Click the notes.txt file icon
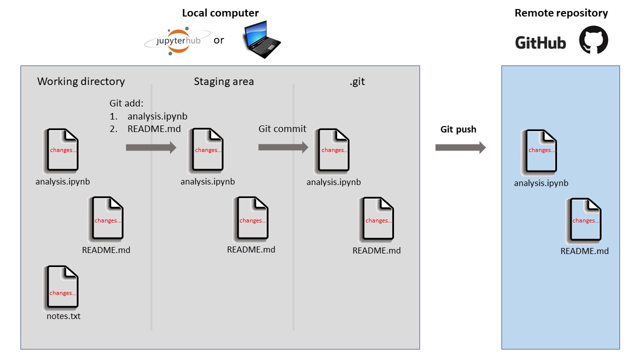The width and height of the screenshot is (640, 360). [x=61, y=287]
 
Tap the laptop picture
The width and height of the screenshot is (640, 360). [x=261, y=39]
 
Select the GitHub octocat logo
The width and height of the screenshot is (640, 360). [x=593, y=39]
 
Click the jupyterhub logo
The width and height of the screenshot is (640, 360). [x=177, y=41]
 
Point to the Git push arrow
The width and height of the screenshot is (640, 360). [x=460, y=147]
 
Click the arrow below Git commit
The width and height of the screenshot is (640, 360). [x=283, y=147]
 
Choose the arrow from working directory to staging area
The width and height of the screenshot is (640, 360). [x=151, y=147]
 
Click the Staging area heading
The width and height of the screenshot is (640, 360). [x=223, y=81]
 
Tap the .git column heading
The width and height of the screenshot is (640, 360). [x=357, y=81]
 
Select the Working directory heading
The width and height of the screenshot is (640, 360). [x=81, y=81]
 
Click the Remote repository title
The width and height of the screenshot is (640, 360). [x=561, y=13]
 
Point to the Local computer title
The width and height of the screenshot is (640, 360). [x=220, y=13]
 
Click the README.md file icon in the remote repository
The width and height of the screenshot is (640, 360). [x=583, y=220]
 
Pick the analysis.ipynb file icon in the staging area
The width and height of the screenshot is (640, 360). [x=205, y=150]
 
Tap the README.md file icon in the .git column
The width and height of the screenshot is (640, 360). [x=376, y=219]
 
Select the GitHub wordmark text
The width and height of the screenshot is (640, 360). [x=540, y=43]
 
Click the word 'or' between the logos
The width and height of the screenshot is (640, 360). [x=219, y=40]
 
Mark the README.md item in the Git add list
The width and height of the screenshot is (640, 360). [x=154, y=129]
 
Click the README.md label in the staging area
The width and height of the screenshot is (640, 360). [x=251, y=249]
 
